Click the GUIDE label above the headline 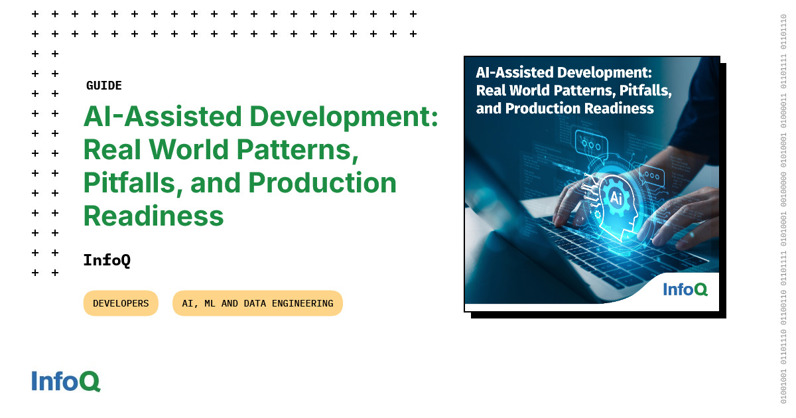coord(104,86)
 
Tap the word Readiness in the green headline coord(153,216)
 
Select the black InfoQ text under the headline coord(107,260)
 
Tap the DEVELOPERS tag coord(121,303)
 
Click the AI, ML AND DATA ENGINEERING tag coord(257,303)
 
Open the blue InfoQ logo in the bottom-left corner coord(66,382)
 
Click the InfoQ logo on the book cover coord(685,289)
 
